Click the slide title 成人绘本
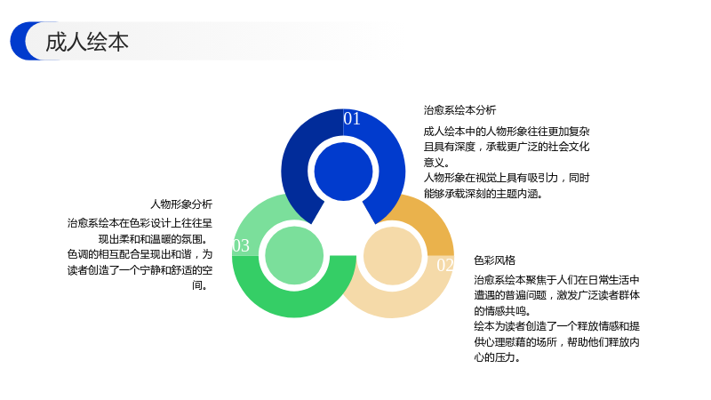[86, 42]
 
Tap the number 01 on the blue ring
[352, 119]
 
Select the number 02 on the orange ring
[445, 265]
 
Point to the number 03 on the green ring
[241, 246]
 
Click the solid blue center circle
[343, 172]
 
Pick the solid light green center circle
[294, 255]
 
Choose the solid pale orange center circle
[393, 256]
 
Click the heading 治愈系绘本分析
[459, 109]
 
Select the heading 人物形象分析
[181, 204]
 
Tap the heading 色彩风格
[495, 260]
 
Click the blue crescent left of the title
[21, 41]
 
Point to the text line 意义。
[436, 163]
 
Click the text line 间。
[200, 285]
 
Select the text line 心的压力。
[497, 357]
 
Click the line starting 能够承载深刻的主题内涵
[483, 194]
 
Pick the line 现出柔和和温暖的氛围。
[155, 238]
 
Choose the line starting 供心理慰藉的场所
[557, 342]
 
